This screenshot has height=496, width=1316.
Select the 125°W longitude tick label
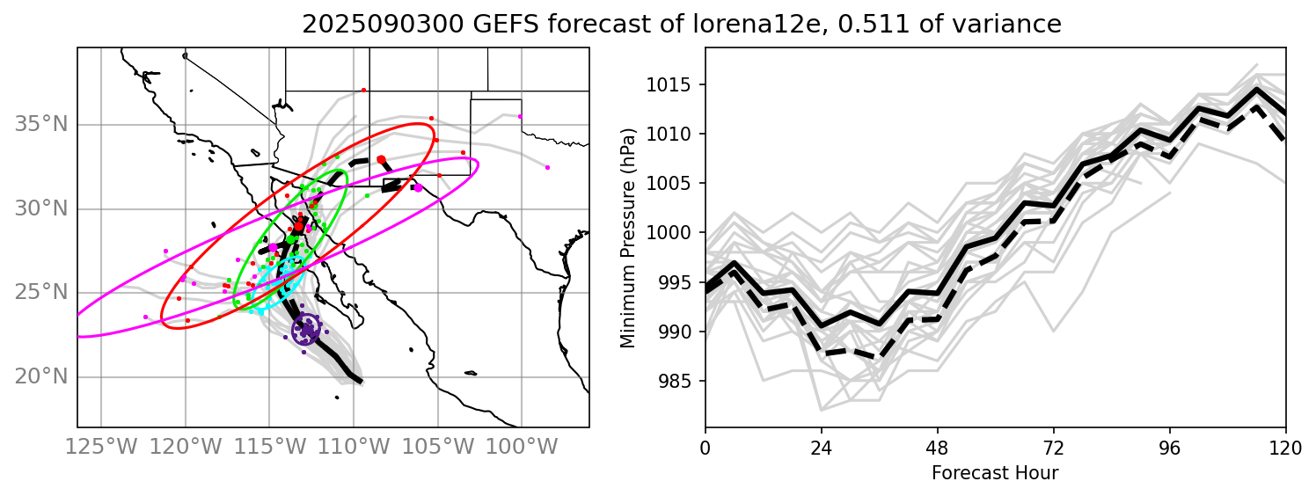coord(101,447)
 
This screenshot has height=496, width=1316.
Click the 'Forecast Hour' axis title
coord(995,473)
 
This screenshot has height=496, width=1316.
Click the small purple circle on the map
coord(306,331)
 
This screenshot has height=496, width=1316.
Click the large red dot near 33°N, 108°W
coord(381,160)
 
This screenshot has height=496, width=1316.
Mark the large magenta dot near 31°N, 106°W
coord(418,187)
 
